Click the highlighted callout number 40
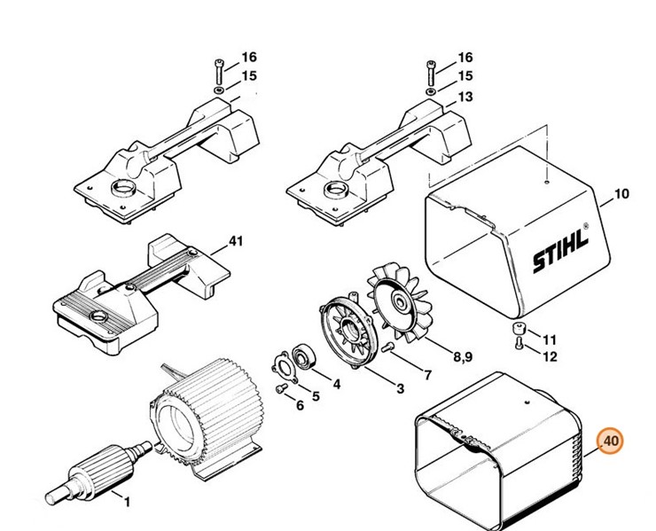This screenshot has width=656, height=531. [611, 441]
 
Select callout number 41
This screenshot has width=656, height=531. [236, 241]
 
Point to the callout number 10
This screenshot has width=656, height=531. [621, 194]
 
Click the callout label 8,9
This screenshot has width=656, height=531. [463, 356]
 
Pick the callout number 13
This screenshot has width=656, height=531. [465, 97]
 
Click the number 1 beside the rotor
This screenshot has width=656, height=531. [127, 502]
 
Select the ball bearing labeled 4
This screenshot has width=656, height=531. [303, 356]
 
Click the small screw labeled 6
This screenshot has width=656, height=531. [280, 389]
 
